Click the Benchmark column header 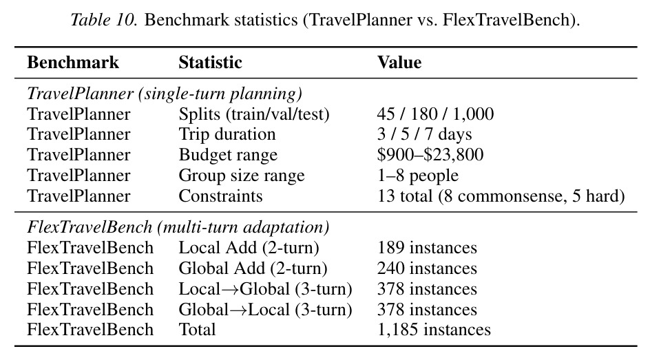(x=73, y=63)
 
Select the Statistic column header (x=210, y=63)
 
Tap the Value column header (x=399, y=63)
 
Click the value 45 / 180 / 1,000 (x=435, y=114)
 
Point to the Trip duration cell (x=227, y=134)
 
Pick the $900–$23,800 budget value (x=430, y=154)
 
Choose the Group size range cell (x=242, y=176)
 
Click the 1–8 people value (x=418, y=176)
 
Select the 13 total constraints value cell (x=501, y=196)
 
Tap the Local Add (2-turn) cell (x=249, y=248)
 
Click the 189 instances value (x=427, y=248)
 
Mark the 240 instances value (x=427, y=268)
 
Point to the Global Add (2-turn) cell (x=253, y=268)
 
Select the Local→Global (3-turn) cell (x=265, y=289)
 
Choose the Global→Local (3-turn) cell (x=265, y=310)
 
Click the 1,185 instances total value (x=434, y=330)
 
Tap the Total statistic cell (x=198, y=330)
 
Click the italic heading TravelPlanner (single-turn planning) (x=165, y=94)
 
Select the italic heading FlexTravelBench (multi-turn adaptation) (x=178, y=227)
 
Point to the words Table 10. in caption (x=104, y=20)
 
